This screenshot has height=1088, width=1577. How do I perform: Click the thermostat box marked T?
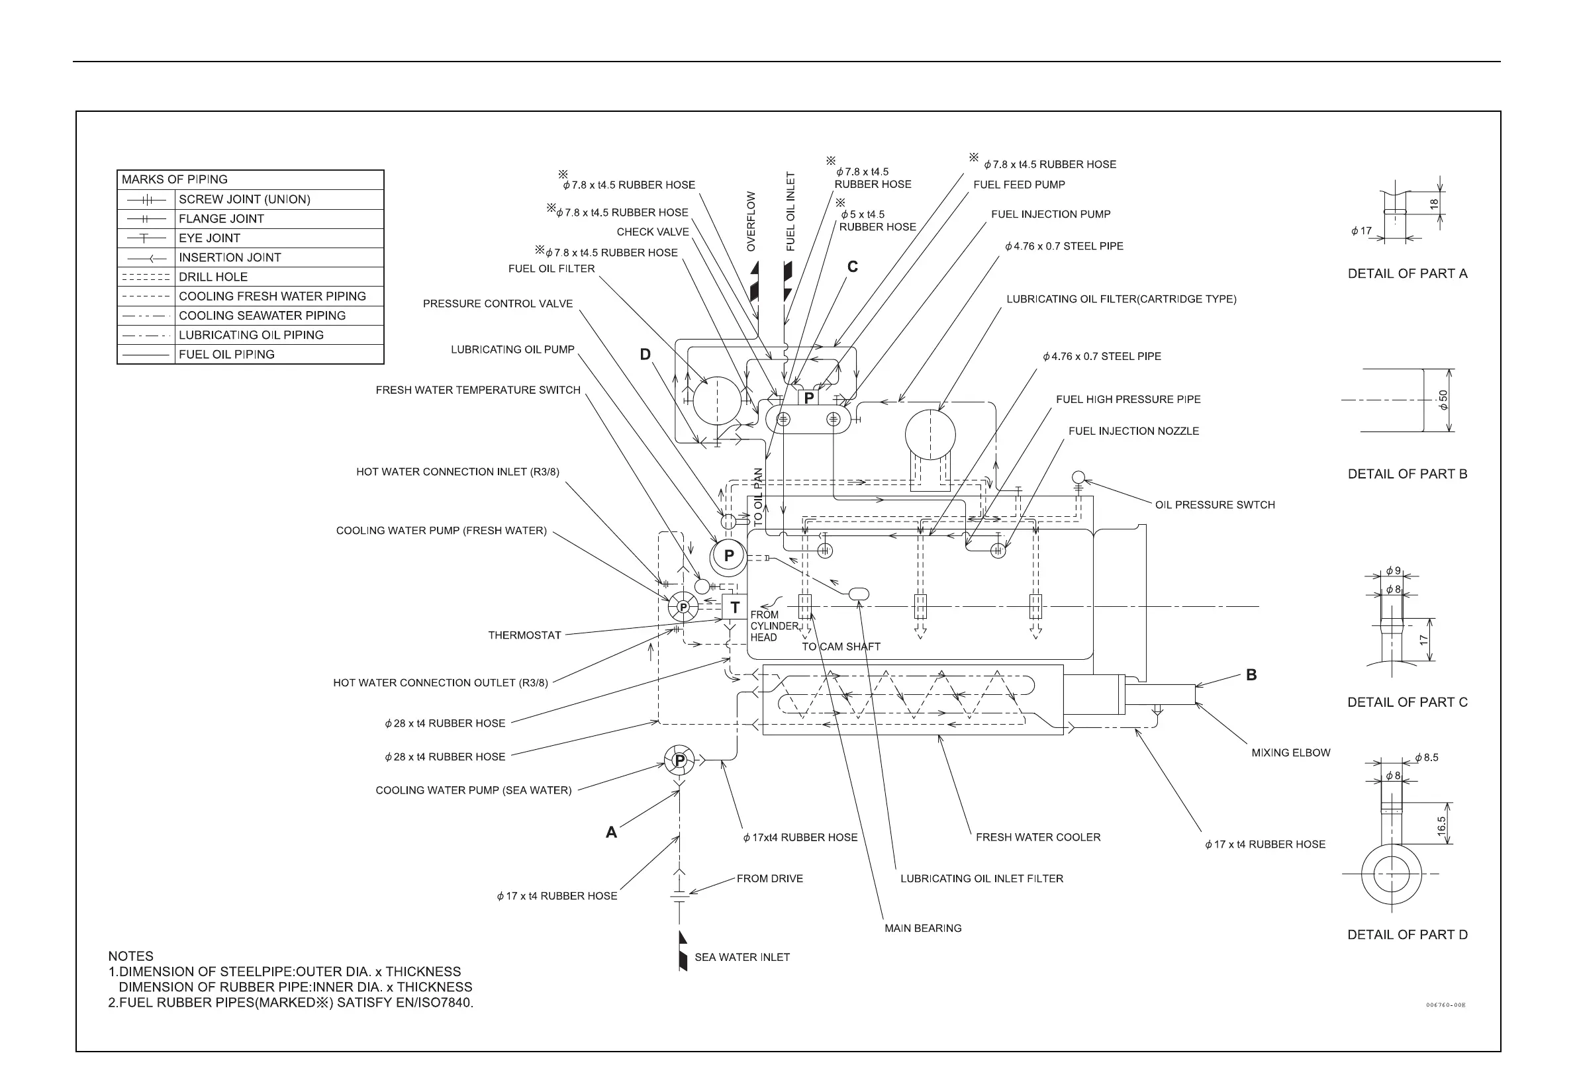(734, 607)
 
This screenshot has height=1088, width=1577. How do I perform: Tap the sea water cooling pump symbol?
(679, 760)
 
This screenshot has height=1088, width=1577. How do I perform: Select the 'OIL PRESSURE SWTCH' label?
(1214, 505)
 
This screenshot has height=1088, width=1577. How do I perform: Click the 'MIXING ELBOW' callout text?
(1290, 752)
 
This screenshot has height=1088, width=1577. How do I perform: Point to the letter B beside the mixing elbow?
(1251, 675)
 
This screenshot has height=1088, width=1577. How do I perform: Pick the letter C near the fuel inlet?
(852, 267)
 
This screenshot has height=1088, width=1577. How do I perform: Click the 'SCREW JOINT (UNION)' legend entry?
(244, 200)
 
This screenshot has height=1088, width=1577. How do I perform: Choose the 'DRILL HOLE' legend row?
(213, 277)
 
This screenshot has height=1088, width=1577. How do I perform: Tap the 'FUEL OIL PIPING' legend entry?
(226, 355)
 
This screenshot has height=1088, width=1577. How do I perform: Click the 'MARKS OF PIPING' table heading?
(175, 180)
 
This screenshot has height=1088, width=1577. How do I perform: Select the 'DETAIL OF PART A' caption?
(1408, 274)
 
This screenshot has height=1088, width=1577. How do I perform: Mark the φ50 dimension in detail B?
(1443, 400)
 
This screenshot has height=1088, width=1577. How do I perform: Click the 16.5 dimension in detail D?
(1441, 825)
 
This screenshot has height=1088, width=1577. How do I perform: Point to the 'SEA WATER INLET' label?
(741, 958)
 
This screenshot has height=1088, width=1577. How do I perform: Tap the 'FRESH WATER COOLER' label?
(1037, 837)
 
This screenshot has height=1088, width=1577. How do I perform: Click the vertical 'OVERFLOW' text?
(751, 222)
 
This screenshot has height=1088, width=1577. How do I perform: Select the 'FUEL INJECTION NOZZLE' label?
(1133, 431)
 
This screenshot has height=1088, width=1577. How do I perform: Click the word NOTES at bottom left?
(131, 956)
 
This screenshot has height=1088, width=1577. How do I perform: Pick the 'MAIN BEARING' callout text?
(922, 929)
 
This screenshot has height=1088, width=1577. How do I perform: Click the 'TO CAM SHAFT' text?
(841, 647)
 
